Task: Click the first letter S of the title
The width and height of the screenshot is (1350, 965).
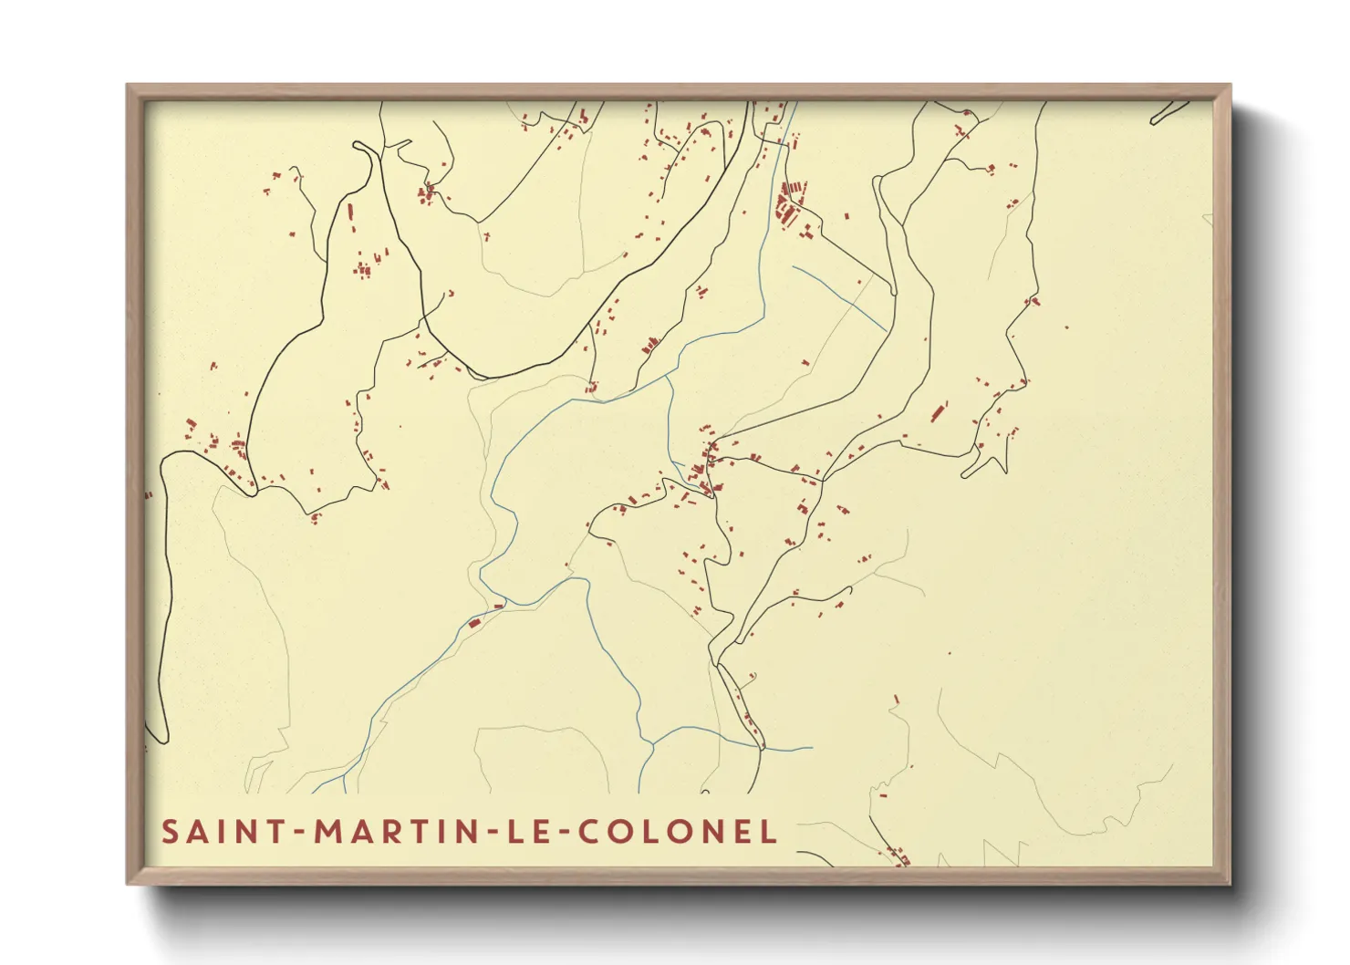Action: tap(170, 832)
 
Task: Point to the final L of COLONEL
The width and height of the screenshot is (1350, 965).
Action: tap(769, 832)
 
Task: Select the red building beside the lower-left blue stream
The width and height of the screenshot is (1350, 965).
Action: tap(474, 623)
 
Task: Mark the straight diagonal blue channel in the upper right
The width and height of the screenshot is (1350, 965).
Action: tap(839, 296)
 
